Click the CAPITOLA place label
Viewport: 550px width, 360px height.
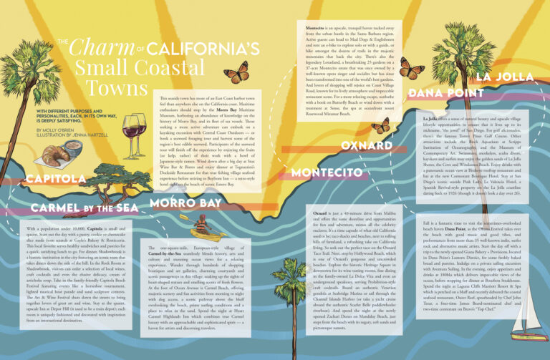coord(57,177)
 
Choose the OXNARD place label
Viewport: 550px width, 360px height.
coord(366,145)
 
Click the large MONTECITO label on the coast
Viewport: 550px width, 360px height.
coord(329,172)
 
